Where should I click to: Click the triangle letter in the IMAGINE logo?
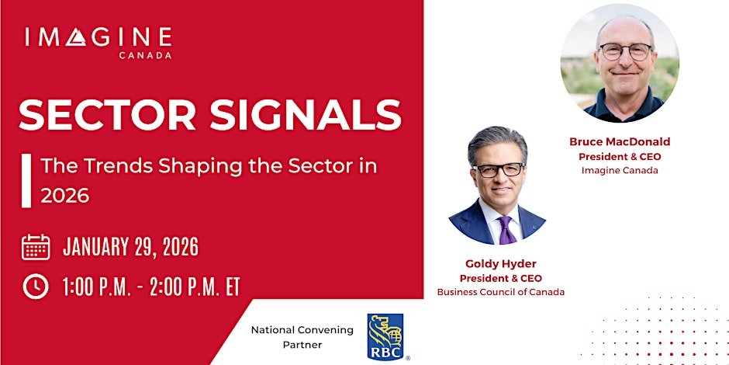pos(76,36)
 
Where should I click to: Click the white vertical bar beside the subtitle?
pos(26,180)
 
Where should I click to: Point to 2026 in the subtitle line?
pos(65,196)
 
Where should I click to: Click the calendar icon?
pos(36,247)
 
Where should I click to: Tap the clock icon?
pos(36,287)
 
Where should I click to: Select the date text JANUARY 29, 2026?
pos(130,248)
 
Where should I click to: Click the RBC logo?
pos(385,336)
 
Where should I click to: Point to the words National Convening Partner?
pos(302,336)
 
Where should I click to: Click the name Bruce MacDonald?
pos(620,142)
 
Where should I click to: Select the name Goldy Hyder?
pos(500,264)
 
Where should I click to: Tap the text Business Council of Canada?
pos(500,292)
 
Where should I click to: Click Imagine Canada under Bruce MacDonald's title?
pos(620,170)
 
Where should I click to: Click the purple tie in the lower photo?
pos(505,230)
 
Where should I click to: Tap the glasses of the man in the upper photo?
pos(624,53)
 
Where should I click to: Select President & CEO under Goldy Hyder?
pos(500,278)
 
